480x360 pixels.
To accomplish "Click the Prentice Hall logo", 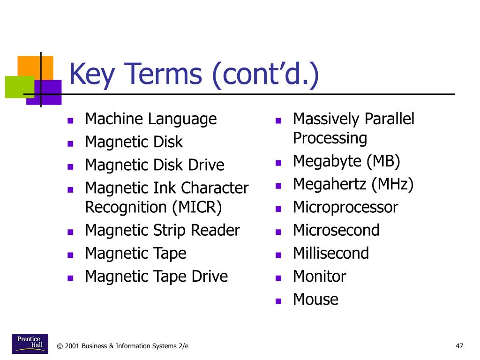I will click(x=30, y=344).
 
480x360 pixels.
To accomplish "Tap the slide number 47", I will click(x=459, y=346).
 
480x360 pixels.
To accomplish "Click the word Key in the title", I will click(x=94, y=75).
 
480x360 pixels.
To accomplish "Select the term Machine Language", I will click(x=150, y=119).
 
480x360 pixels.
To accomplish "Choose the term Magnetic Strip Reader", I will click(x=162, y=231).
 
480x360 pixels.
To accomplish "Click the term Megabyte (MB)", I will click(x=346, y=161).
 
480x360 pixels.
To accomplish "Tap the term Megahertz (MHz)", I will click(x=353, y=184).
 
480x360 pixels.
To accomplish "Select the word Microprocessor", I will click(x=345, y=207).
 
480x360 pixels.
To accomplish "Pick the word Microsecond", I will click(x=336, y=230).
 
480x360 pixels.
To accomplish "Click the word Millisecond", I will click(x=331, y=253).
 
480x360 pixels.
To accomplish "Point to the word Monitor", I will click(x=319, y=277).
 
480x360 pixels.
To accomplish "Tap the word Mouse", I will click(x=315, y=300).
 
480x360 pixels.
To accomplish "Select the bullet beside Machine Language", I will click(x=70, y=121).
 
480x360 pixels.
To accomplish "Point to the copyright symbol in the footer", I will click(x=60, y=346).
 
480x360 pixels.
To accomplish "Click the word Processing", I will click(x=330, y=138).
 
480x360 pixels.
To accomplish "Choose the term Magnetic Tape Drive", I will click(x=156, y=277).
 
